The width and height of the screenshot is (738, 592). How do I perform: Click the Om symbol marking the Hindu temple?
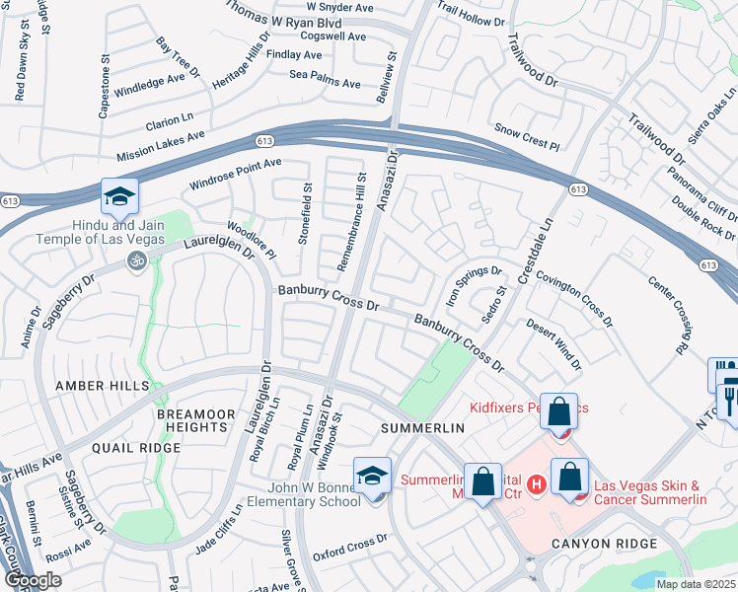[x=137, y=261]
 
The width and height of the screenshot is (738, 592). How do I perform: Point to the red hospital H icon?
[x=537, y=483]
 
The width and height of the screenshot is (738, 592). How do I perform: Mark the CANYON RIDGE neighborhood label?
[x=604, y=544]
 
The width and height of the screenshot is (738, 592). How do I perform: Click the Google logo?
[x=33, y=580]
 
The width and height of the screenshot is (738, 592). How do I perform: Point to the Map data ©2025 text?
[x=696, y=584]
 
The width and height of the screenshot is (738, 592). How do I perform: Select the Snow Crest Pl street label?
[x=527, y=137]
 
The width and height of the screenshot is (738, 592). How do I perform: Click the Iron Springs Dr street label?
[x=476, y=284]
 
